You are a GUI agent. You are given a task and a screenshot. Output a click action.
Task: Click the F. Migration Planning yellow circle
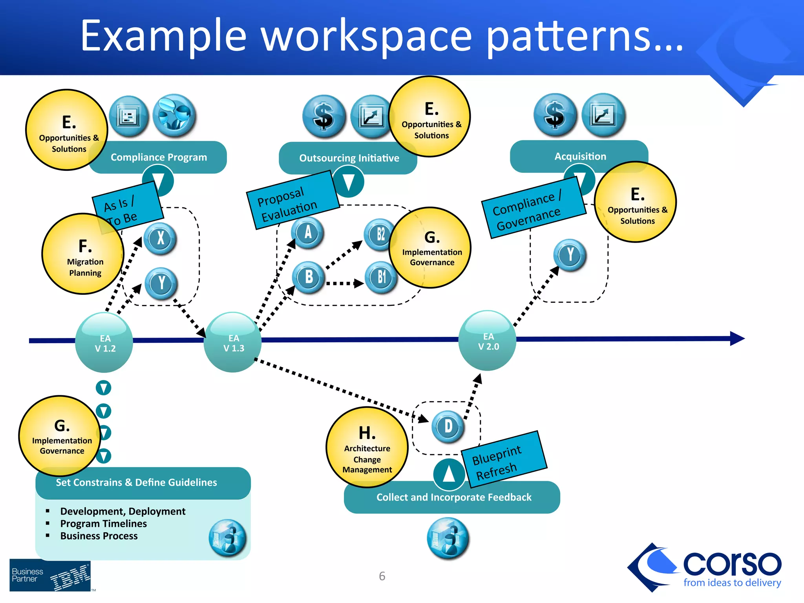(x=83, y=254)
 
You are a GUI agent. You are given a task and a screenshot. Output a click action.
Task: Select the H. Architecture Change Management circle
(x=367, y=448)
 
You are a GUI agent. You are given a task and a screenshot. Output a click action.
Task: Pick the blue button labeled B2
(x=380, y=234)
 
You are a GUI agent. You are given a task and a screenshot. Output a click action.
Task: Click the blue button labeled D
(x=448, y=427)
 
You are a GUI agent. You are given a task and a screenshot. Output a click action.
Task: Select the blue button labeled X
(x=160, y=238)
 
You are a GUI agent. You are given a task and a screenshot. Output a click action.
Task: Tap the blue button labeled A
(x=308, y=232)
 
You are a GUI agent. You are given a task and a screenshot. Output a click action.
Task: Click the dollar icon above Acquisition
(x=555, y=115)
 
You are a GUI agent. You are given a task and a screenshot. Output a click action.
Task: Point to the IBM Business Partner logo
(x=50, y=576)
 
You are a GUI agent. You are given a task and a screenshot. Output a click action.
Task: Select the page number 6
(x=382, y=576)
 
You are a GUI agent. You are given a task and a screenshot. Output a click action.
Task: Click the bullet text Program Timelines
(x=104, y=524)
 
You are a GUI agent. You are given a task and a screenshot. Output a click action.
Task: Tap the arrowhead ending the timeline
(x=737, y=338)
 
